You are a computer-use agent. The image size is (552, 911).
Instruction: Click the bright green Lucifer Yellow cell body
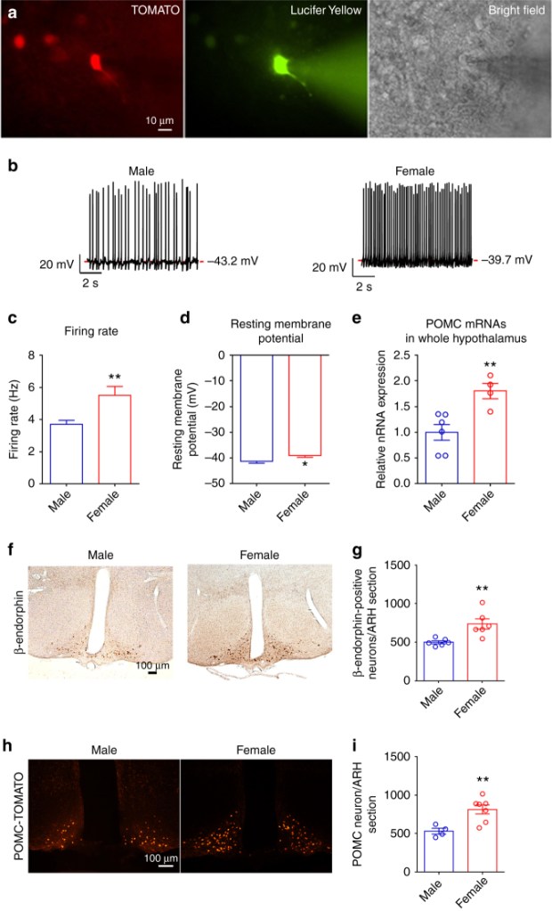pyautogui.click(x=281, y=65)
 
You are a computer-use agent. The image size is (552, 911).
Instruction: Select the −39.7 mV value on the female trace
pyautogui.click(x=510, y=259)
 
